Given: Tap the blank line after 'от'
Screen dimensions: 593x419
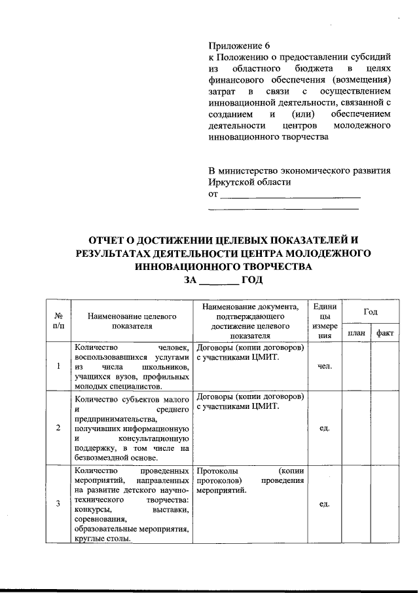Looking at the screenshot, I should (x=290, y=196).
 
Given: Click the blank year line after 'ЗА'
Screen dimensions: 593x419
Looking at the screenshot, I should (x=219, y=280).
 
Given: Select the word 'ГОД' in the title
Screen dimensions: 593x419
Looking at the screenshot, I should (x=253, y=280).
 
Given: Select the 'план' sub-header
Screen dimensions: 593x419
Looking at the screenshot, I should (x=357, y=333).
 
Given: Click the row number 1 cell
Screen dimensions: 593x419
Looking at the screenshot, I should (x=58, y=366).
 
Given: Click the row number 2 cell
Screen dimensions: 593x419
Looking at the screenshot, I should (x=58, y=428).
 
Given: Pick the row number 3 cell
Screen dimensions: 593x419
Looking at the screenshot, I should (x=58, y=503).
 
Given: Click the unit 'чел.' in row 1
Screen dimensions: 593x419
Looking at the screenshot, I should (x=325, y=366).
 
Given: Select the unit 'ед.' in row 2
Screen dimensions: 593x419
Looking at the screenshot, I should (x=325, y=428).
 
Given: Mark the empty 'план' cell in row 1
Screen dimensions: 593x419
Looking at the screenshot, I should (x=357, y=366).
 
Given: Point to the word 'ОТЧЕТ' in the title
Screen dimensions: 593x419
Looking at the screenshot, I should (x=112, y=240).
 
